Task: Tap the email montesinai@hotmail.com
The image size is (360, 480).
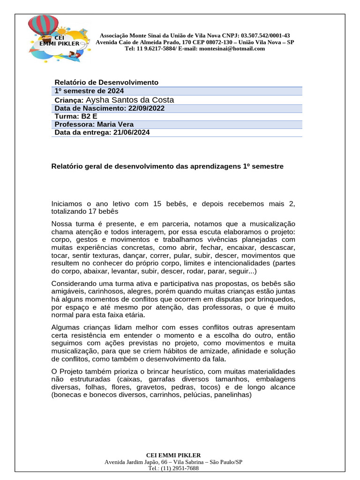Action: pos(232,48)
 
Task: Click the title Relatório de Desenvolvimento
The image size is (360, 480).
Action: pos(106,82)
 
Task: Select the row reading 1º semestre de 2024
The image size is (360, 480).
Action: pos(90,91)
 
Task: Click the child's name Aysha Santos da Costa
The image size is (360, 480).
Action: pos(130,100)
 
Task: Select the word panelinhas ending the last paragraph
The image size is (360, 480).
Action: pos(232,395)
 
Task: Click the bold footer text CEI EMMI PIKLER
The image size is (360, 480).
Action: pos(173,455)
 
